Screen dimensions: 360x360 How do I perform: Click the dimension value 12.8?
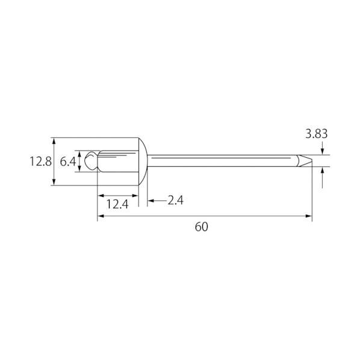[41, 161]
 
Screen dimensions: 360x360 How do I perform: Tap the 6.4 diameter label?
[68, 161]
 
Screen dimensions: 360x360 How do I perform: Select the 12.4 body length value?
[117, 204]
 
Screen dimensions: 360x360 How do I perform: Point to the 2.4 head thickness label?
[176, 200]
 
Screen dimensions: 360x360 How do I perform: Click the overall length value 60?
[201, 227]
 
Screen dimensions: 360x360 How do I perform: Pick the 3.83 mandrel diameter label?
[317, 134]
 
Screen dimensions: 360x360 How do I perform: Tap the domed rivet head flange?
[143, 161]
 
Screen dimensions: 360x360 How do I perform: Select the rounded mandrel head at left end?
[91, 161]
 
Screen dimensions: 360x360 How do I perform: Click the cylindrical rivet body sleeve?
[118, 161]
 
